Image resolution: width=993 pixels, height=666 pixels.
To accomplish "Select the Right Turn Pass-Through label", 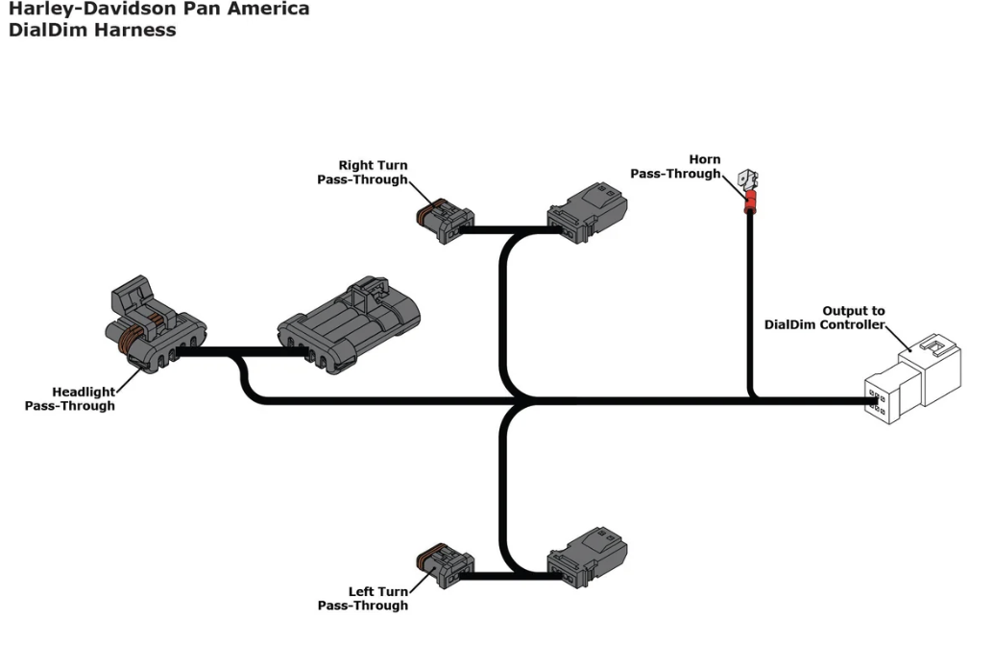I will click(363, 173).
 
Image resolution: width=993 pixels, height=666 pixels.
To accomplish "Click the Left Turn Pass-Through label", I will click(363, 599).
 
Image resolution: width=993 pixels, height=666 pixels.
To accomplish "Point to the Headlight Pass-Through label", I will click(70, 398).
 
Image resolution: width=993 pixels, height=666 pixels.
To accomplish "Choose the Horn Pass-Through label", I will click(675, 167).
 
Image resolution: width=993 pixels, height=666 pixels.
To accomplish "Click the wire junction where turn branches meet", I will click(519, 400).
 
